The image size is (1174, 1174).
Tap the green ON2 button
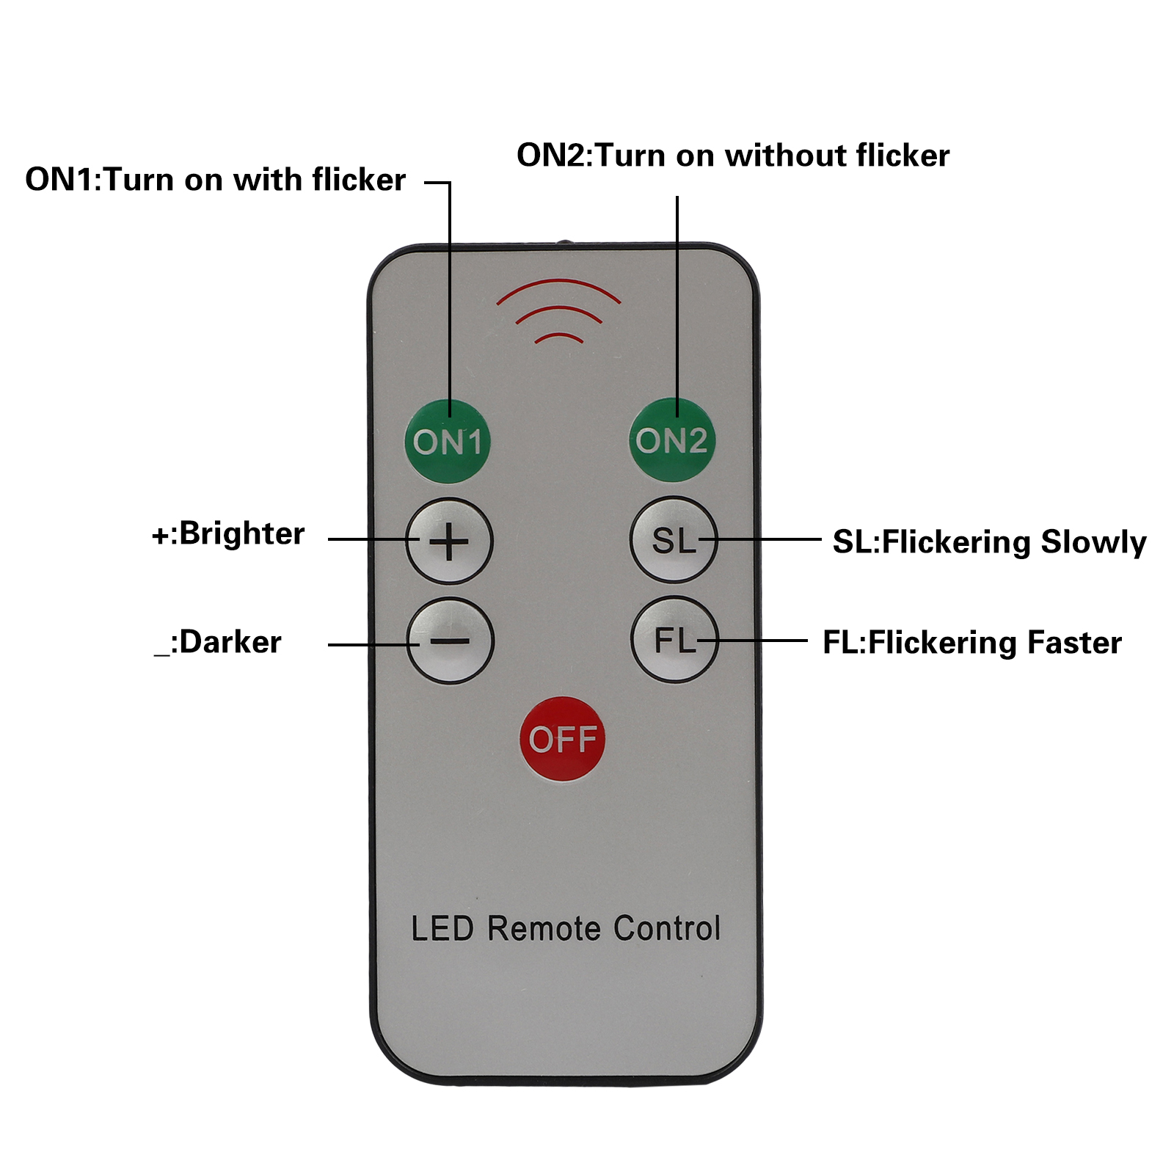tap(671, 440)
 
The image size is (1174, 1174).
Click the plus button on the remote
tap(449, 542)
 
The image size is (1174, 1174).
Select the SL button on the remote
tap(673, 541)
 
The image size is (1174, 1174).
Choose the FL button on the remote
tap(674, 640)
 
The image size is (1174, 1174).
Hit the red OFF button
tap(563, 739)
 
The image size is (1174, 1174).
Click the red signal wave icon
tap(559, 312)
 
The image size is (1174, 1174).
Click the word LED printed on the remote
tap(442, 929)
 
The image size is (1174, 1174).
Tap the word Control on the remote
tap(667, 929)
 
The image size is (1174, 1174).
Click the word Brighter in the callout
tap(241, 533)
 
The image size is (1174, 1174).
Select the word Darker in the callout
tap(230, 642)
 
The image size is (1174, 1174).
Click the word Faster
tap(1074, 643)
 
